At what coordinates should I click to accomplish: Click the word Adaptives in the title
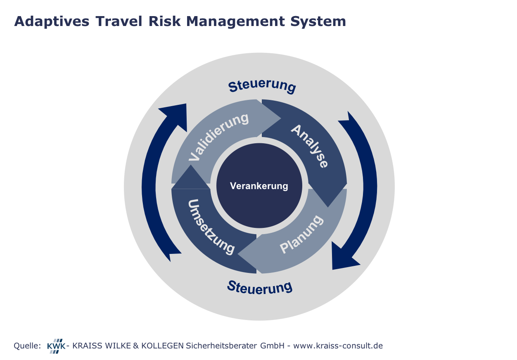(52, 22)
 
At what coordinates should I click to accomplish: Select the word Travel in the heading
(119, 21)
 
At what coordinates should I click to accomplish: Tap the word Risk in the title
(164, 21)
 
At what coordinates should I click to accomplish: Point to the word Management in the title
(235, 22)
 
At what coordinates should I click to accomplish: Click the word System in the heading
(318, 22)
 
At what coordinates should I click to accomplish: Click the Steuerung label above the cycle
(262, 86)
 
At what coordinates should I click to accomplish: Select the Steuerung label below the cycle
(260, 287)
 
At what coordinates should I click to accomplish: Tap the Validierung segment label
(218, 137)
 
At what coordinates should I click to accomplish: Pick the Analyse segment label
(310, 146)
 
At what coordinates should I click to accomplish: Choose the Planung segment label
(301, 234)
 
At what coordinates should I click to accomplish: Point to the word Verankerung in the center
(259, 186)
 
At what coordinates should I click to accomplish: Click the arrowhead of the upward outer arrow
(176, 115)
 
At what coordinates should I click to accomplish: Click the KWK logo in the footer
(56, 346)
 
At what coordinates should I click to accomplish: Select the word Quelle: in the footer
(27, 346)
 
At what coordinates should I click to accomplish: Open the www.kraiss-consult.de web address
(338, 346)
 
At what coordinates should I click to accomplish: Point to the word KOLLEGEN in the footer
(162, 346)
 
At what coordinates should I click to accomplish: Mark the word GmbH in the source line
(273, 346)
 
